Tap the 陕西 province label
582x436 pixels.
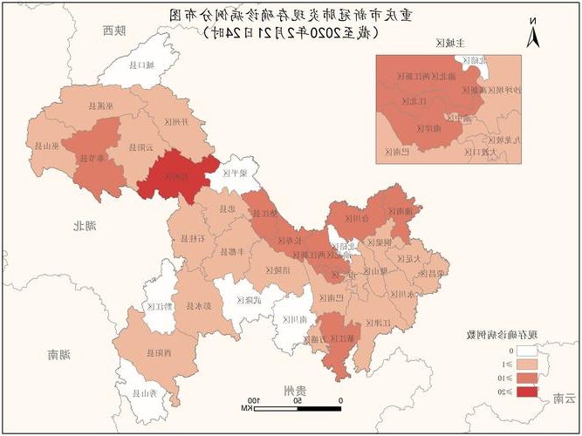[x=113, y=31]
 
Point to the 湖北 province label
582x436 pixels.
[x=86, y=226]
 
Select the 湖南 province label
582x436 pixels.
[x=59, y=354]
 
